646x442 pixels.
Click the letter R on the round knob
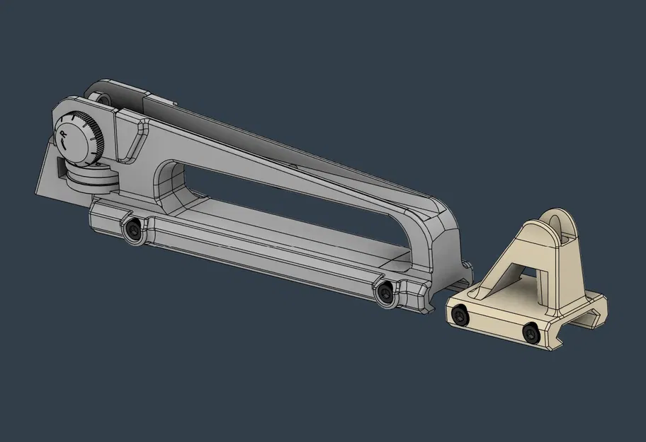click(64, 131)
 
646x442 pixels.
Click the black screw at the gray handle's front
click(385, 292)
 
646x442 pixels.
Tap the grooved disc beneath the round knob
click(89, 176)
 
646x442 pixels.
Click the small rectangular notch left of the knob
click(56, 168)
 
